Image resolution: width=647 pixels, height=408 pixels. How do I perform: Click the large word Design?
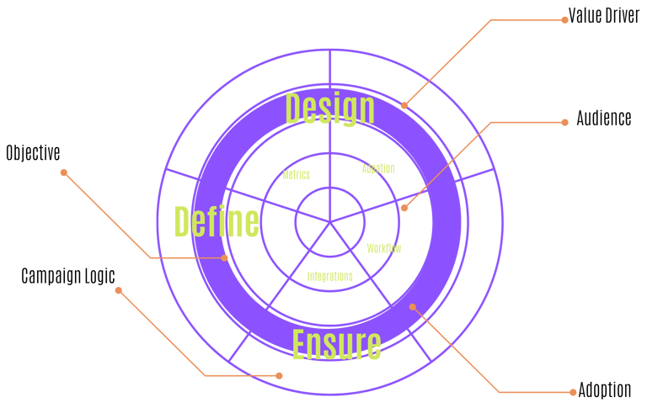coord(329,109)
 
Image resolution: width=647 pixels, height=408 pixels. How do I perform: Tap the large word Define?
coord(216,221)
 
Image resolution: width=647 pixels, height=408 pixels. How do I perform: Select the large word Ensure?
coord(336,343)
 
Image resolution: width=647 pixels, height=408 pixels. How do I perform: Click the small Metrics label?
coord(296,175)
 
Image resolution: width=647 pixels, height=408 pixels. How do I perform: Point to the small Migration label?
coord(378,168)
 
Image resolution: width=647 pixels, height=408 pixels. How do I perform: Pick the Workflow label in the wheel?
coord(384,248)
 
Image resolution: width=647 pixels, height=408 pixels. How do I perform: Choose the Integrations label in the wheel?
coord(329,276)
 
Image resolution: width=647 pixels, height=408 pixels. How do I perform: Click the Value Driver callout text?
coord(604,15)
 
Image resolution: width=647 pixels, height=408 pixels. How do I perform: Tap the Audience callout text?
coord(603,119)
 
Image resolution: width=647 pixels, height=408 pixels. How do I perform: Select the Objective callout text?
coord(33,153)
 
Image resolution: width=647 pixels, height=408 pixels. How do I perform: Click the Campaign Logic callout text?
coord(67,276)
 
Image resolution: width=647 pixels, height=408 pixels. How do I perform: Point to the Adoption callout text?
coord(604,390)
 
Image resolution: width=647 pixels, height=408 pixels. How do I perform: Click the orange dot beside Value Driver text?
coord(564,19)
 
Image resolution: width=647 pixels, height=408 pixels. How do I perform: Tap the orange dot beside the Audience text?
coord(564,122)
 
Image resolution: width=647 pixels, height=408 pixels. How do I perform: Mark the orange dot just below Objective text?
coord(63,172)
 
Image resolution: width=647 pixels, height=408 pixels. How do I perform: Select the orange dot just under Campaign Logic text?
coord(119,291)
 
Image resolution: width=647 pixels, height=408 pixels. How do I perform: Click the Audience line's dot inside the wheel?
coord(404,208)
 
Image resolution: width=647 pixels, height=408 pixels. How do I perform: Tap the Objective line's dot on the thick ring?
coord(225,257)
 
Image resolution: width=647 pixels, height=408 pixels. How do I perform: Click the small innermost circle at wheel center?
coord(329,221)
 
